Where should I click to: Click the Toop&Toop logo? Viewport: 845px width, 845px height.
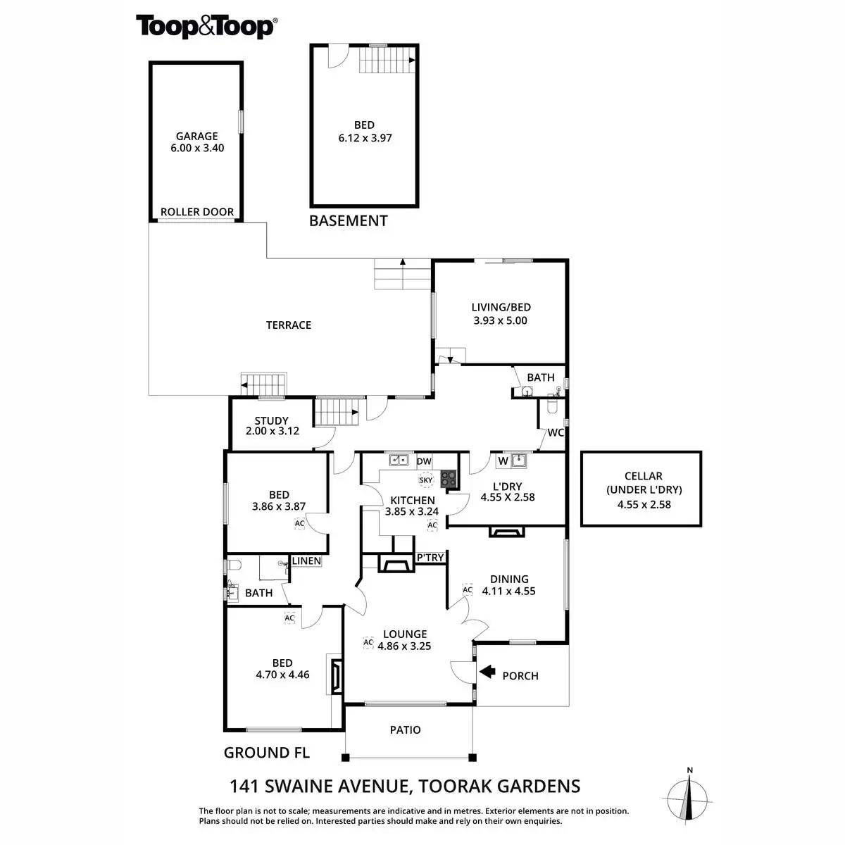pos(206,27)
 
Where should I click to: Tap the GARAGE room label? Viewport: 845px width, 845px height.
pos(197,136)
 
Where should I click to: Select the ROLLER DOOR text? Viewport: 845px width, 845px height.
pos(197,211)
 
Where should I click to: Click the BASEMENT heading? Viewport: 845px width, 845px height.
pos(349,220)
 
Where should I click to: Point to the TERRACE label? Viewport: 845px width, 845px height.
pos(289,325)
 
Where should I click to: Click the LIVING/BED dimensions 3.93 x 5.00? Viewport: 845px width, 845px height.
pos(501,320)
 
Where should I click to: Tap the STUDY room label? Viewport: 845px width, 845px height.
pos(272,420)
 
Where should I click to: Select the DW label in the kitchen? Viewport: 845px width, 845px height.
pos(424,461)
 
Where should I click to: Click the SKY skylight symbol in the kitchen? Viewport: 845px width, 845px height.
pos(426,480)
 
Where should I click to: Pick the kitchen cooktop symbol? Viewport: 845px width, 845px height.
pos(449,480)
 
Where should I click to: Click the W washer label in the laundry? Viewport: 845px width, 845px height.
pos(503,461)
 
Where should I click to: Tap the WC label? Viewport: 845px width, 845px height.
pos(556,432)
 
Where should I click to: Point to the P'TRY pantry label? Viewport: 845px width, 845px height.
pos(430,558)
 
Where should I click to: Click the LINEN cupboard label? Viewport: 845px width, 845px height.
pos(306,561)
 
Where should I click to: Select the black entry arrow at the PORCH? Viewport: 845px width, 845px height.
pos(487,672)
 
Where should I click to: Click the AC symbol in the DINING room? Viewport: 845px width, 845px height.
pos(467,590)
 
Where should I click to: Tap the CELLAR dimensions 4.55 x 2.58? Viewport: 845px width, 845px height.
pos(643,504)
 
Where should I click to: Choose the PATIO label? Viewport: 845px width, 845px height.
pos(406,730)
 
